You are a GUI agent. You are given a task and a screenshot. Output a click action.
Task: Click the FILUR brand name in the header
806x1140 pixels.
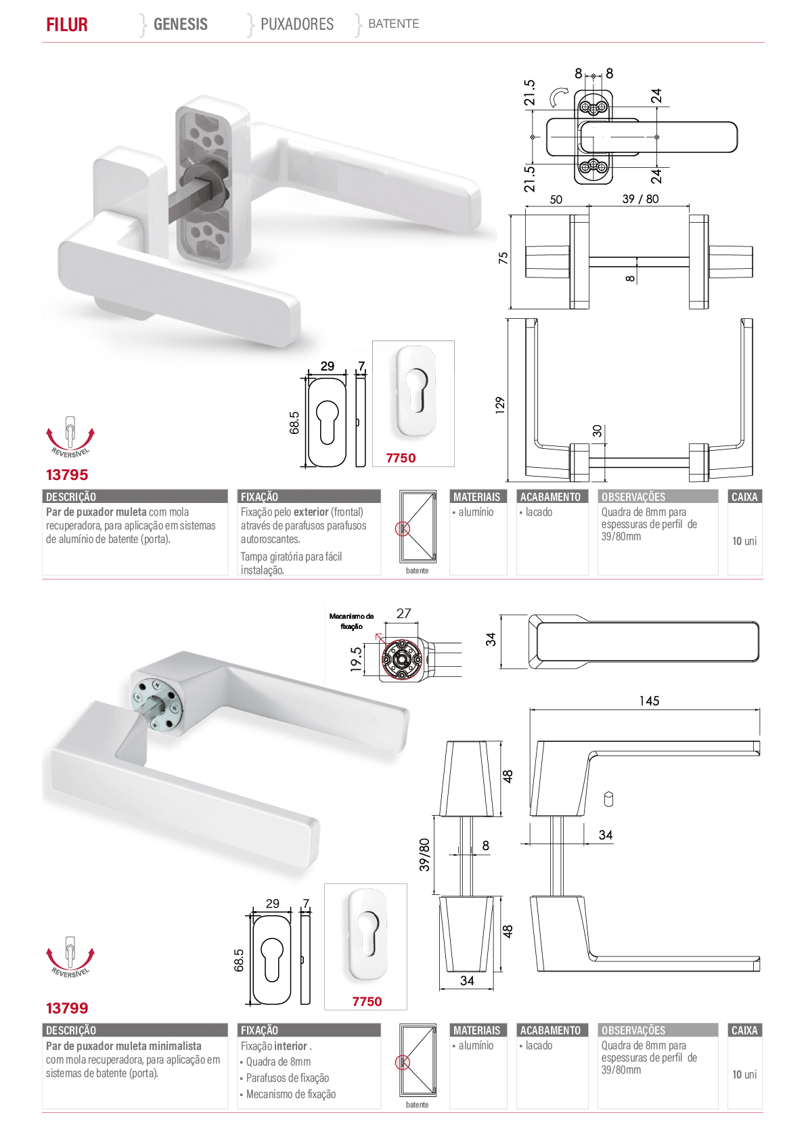coord(66,24)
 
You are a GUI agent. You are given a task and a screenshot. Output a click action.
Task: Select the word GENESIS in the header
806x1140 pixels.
coord(180,24)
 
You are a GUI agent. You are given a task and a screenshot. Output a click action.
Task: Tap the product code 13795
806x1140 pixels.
coord(66,475)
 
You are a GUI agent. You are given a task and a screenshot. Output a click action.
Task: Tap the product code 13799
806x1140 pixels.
coord(66,1008)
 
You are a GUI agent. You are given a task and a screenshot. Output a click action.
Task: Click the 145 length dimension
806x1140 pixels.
coord(649,701)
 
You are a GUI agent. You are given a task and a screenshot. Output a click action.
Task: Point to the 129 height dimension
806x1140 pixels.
coord(500,405)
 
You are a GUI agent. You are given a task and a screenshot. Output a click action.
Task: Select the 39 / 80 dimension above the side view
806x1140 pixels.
coord(640,199)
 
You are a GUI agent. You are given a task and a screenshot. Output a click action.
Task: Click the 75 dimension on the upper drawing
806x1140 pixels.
coord(503,258)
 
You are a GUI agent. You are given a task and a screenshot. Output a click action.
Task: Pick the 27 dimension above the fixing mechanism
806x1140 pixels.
coord(403,613)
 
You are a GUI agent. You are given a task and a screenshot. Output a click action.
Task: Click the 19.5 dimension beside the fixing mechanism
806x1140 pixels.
coord(356,659)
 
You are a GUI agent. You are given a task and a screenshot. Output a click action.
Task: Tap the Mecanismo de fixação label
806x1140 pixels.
coord(352,621)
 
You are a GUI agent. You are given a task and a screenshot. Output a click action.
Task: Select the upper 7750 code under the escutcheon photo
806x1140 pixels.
coord(401,458)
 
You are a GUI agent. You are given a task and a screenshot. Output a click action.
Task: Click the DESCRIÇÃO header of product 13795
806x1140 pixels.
coord(71,497)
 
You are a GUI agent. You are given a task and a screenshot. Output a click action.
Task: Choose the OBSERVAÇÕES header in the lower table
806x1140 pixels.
coord(633,1030)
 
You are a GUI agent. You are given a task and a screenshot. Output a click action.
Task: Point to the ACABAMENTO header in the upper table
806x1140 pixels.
coord(550,497)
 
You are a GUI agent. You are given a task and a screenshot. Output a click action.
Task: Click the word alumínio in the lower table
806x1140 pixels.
coord(476,1045)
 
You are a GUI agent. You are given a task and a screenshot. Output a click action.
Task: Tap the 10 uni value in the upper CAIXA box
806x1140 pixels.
coord(744,541)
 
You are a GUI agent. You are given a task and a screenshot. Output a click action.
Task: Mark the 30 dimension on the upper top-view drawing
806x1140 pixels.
coord(598,431)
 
